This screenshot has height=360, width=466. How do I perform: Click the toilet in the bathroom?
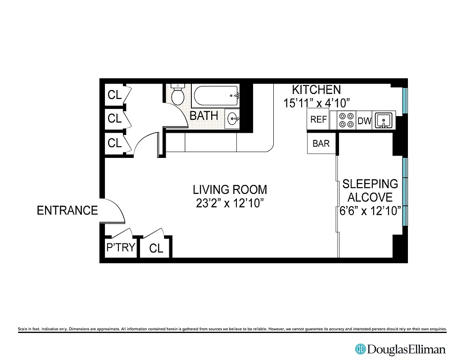coord(177,94)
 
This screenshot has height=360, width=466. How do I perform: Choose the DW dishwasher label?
coord(364,121)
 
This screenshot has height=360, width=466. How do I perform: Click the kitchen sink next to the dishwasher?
coord(384,120)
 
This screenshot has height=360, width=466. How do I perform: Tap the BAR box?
coord(321,144)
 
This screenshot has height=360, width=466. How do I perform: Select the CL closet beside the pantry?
coord(156,248)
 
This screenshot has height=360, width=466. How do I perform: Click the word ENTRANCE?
coord(67,211)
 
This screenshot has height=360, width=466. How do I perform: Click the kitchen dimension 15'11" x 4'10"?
coord(317,103)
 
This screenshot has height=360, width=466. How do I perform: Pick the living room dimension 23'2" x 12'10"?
coord(230,203)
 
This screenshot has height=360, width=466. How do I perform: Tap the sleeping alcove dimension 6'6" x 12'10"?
coord(370,211)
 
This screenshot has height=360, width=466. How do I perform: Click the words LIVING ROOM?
coord(230,189)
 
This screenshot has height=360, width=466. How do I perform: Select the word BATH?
coord(204,116)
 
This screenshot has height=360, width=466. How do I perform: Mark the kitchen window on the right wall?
coord(404,100)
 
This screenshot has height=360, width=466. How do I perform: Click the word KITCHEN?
coord(317,90)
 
